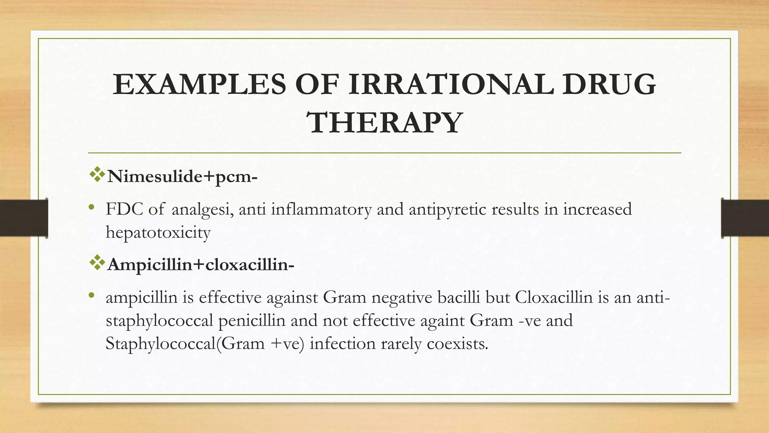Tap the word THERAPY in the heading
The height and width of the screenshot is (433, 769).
(x=385, y=123)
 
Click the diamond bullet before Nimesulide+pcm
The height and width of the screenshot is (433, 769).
(x=97, y=175)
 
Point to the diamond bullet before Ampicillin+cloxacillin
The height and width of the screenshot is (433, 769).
(x=97, y=263)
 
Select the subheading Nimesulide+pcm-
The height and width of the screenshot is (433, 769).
(x=182, y=176)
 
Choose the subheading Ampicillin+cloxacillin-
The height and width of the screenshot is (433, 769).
(x=201, y=265)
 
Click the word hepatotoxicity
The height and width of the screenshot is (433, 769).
(x=158, y=233)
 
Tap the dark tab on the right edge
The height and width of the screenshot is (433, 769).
(x=745, y=218)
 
